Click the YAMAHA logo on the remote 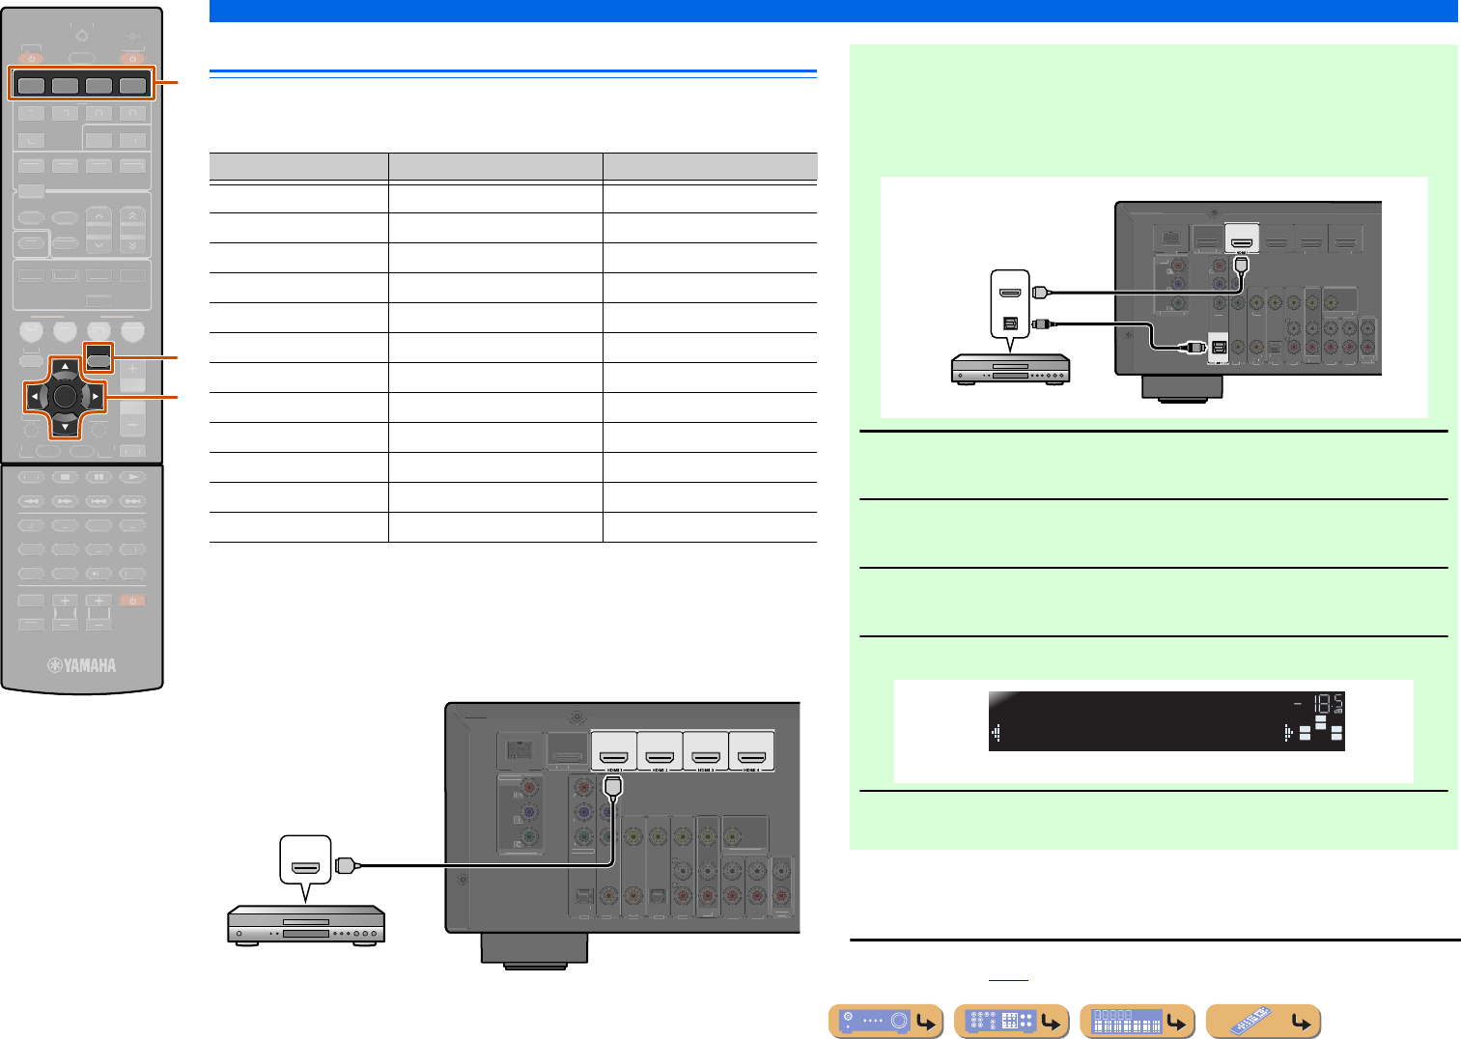point(83,665)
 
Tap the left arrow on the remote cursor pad point(34,396)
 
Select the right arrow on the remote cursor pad point(96,396)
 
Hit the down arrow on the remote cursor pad point(65,426)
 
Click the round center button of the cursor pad point(65,395)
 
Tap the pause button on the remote point(98,476)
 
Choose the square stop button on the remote point(65,476)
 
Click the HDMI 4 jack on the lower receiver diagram point(751,748)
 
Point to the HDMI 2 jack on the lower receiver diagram point(660,748)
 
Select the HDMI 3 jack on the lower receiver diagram point(705,748)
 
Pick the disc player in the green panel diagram point(1010,369)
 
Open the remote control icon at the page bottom point(1263,1021)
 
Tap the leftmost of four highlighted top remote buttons point(32,85)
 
